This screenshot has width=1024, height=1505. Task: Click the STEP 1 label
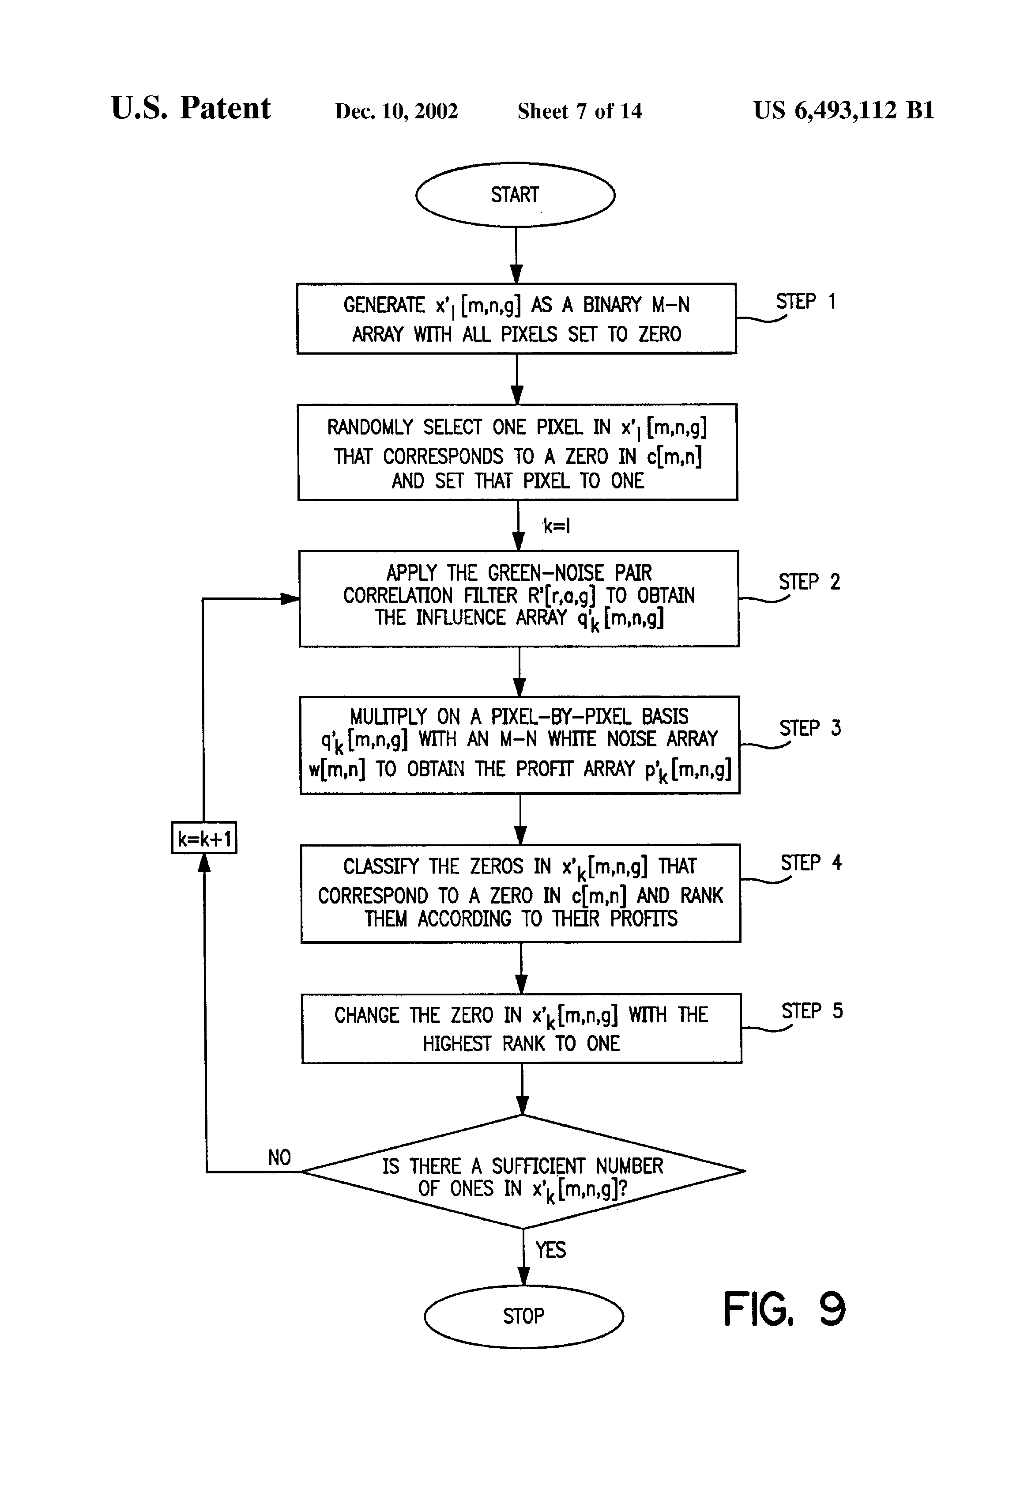pos(806,302)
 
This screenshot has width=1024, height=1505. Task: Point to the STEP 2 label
pos(809,582)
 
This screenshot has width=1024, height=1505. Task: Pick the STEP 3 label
pos(810,728)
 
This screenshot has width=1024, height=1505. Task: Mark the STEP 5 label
pos(812,1011)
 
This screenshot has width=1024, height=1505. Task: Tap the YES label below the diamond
pos(550,1249)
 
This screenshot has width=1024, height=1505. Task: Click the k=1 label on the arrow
pos(557,526)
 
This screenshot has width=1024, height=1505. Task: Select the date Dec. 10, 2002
pos(396,111)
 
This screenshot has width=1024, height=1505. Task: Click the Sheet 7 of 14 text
pos(580,111)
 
